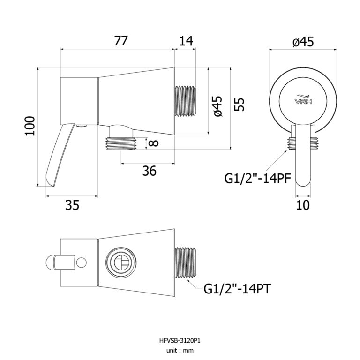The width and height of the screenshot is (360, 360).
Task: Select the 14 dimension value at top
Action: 186,41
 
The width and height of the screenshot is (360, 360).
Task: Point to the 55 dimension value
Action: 240,104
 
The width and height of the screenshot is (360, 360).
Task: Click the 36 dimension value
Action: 149,172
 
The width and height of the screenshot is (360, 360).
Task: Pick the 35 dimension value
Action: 72,205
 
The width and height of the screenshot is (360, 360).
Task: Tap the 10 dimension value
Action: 303,205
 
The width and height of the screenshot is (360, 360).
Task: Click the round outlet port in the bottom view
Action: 119,262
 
